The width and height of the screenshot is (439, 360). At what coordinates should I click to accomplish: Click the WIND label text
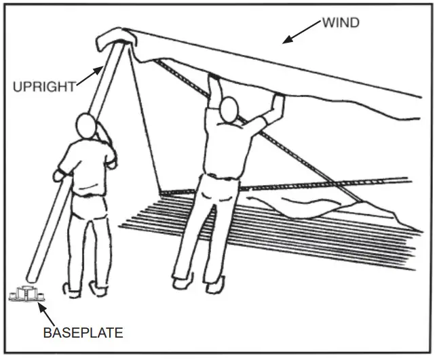point(340,23)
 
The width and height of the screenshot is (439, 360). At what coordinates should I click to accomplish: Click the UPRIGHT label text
point(43,86)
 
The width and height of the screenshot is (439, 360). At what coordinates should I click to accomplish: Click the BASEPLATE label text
point(83,332)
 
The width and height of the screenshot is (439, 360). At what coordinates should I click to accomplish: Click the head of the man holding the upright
point(88,126)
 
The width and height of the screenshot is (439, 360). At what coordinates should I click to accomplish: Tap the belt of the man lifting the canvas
point(217,178)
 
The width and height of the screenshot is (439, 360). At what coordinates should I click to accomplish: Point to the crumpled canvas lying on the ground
point(326,207)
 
